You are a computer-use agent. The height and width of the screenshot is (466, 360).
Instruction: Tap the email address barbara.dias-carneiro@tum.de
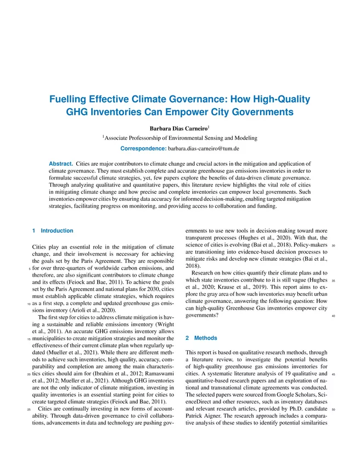point(210,149)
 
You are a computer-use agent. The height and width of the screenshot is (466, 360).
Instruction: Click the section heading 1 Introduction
point(53,231)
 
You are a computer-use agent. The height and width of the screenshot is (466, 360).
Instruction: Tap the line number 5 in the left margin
point(29,270)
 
